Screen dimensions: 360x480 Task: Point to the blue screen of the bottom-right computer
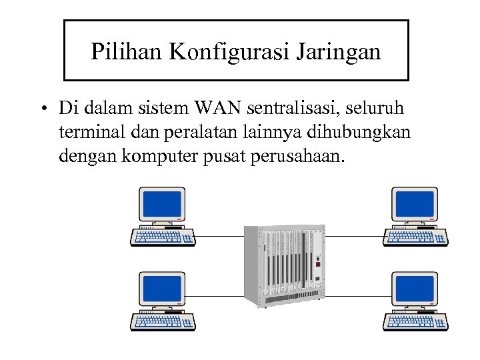tap(413, 287)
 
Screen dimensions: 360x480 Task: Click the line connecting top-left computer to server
tap(220, 236)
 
